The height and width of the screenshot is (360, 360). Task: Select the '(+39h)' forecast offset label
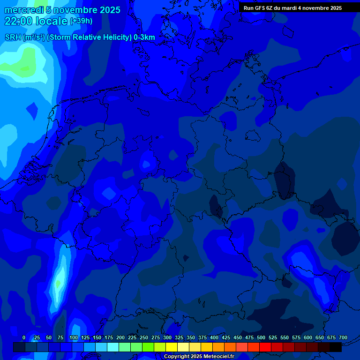[81, 21]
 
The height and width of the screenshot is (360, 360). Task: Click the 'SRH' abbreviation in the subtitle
[13, 37]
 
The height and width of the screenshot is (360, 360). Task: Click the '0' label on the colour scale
[24, 337]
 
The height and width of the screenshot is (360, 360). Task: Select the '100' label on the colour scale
[74, 337]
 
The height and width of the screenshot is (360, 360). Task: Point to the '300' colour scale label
[167, 337]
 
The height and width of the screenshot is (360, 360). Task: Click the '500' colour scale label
[261, 337]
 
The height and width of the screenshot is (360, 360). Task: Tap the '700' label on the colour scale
[343, 337]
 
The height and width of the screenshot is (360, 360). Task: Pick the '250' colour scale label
[144, 337]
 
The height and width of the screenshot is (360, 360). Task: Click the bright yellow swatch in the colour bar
[172, 347]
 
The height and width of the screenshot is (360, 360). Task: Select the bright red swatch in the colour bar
[265, 347]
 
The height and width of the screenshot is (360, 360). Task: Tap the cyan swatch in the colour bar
[113, 347]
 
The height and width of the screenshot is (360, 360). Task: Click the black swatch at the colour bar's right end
[336, 347]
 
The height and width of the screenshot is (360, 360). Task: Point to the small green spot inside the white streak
[58, 284]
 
